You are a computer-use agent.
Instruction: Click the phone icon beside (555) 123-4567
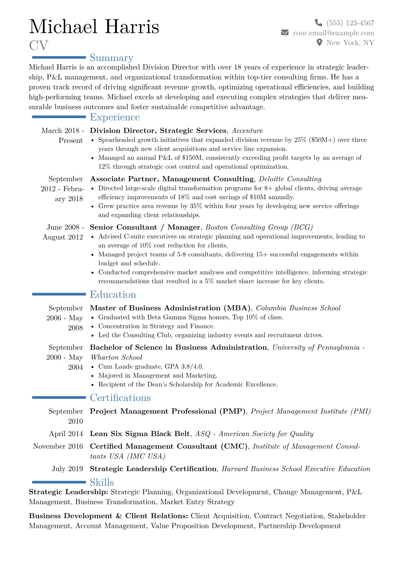click(x=318, y=23)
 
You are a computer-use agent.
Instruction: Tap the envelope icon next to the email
click(x=285, y=33)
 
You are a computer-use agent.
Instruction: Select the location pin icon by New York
click(x=319, y=43)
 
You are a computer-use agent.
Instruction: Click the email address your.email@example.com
click(x=333, y=33)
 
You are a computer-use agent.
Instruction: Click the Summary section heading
click(x=111, y=58)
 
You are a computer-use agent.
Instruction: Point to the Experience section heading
click(x=115, y=117)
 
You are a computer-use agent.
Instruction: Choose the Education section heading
click(x=113, y=295)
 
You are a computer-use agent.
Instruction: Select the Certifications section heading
click(x=120, y=398)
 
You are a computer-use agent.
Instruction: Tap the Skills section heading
click(x=102, y=482)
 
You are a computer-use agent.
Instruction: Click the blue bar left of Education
click(x=59, y=294)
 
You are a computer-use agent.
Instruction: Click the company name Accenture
click(x=247, y=131)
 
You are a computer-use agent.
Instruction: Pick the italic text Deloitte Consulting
click(x=290, y=179)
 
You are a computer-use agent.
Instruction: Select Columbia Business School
click(x=298, y=308)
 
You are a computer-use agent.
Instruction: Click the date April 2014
click(x=66, y=434)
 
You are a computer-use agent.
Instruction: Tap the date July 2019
click(x=67, y=469)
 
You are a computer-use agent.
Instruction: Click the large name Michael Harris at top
click(x=94, y=27)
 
